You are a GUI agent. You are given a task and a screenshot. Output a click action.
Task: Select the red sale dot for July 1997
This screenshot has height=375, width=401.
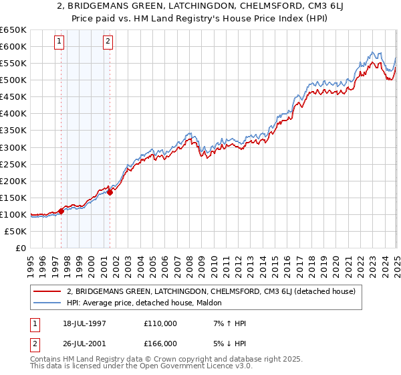(61, 211)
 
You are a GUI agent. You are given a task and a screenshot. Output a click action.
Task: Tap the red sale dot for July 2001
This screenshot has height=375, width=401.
(110, 192)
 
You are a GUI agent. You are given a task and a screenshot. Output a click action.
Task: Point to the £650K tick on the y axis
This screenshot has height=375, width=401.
(13, 30)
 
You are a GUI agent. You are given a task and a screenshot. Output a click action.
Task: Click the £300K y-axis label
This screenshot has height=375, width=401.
(13, 147)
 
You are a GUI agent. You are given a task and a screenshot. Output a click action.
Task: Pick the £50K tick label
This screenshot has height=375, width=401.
(16, 231)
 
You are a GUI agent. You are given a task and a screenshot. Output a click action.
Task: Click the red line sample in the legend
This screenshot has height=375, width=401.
(47, 291)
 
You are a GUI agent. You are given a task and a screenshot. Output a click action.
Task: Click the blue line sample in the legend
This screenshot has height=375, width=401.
(47, 303)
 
